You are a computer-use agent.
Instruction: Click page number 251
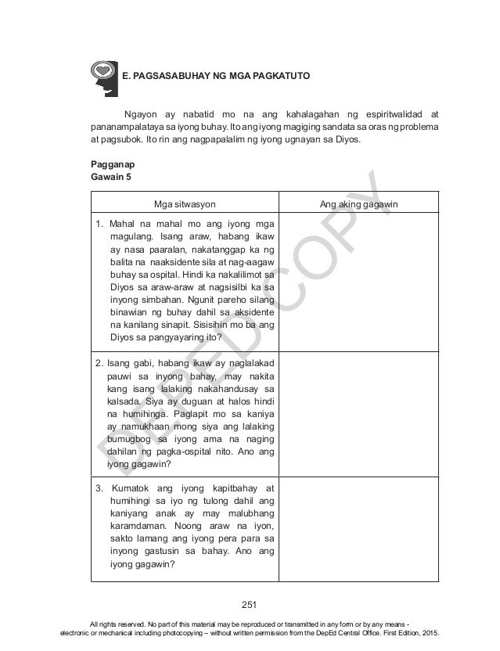coord(250,603)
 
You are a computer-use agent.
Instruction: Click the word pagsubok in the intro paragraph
coord(121,141)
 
